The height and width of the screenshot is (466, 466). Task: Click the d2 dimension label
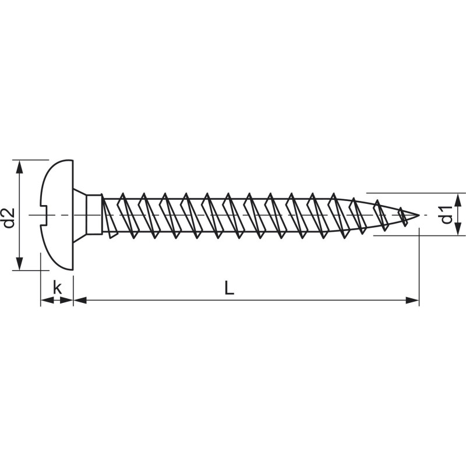pos(9,218)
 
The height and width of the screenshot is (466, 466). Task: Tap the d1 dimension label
pos(447,214)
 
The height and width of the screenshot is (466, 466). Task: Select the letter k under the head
pos(57,287)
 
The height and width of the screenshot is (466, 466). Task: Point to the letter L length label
pos(229,288)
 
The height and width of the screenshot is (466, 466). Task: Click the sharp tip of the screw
pos(419,215)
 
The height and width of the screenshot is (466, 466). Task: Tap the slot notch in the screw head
pos(45,215)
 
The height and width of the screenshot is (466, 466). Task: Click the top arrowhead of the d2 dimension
pos(20,166)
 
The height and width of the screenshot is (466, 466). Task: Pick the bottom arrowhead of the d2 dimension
pos(20,264)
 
